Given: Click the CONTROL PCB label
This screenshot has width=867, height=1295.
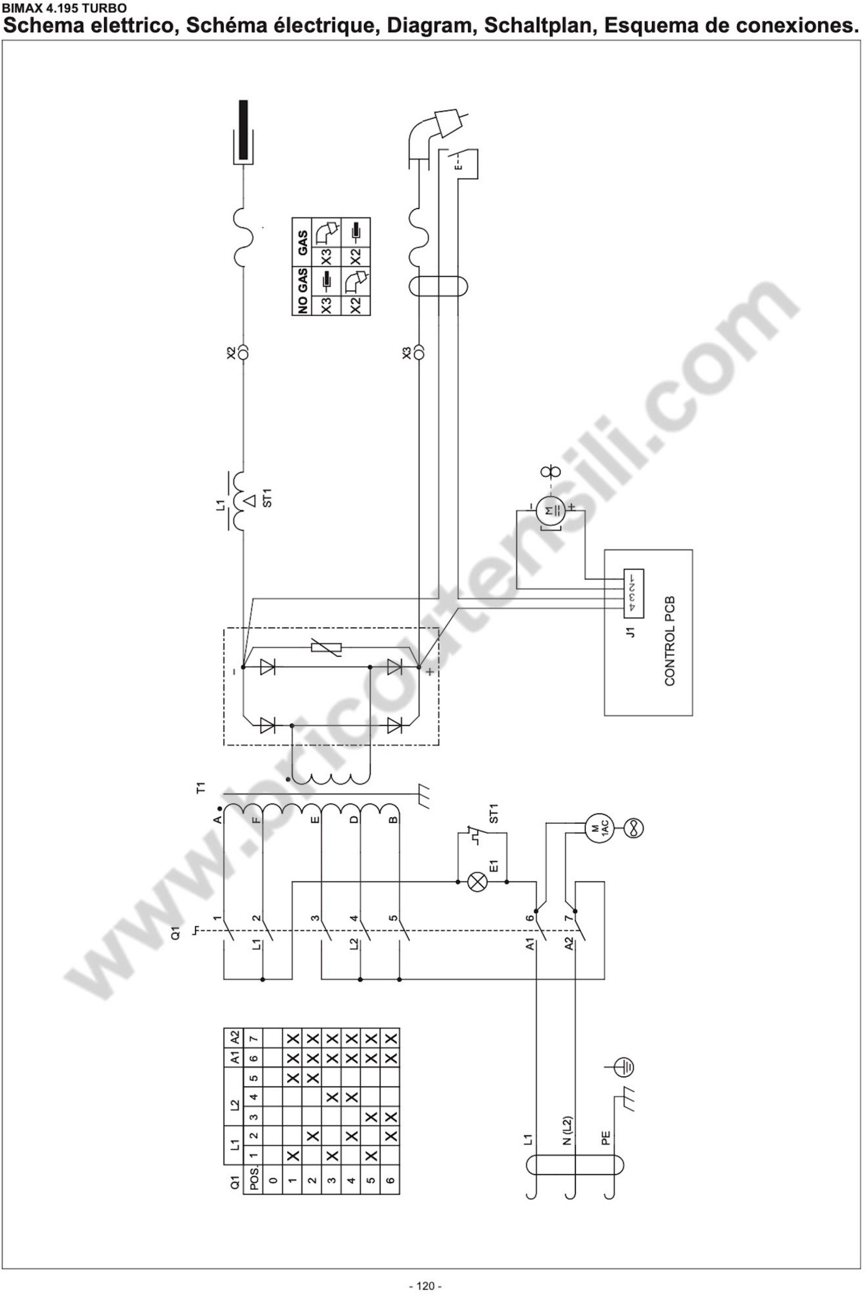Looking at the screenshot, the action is [x=670, y=641].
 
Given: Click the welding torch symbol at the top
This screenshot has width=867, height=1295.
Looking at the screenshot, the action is [x=437, y=130].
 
